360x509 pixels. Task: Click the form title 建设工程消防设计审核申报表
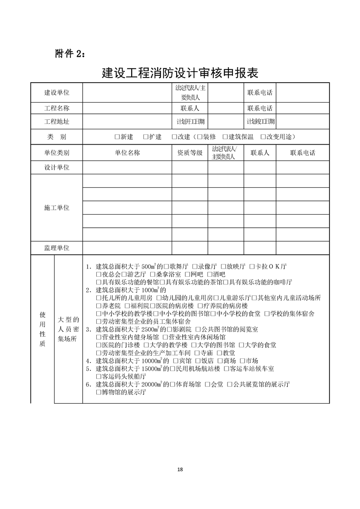(x=180, y=73)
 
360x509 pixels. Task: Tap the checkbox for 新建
(x=117, y=137)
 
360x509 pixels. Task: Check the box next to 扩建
(x=145, y=137)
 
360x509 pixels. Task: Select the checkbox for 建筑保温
(x=225, y=137)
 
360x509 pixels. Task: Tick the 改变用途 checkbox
(x=263, y=137)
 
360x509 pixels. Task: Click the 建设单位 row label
(x=57, y=93)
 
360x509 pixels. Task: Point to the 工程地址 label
(x=57, y=122)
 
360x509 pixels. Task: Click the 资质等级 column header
(x=190, y=153)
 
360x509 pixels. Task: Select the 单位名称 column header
(x=127, y=153)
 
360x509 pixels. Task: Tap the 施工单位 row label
(x=57, y=208)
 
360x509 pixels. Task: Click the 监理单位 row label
(x=57, y=248)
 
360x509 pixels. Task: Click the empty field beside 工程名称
(x=127, y=108)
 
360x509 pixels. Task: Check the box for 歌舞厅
(x=167, y=266)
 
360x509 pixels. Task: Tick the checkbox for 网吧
(x=188, y=274)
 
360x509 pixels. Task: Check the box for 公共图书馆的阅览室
(x=199, y=329)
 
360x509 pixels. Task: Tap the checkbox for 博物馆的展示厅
(x=99, y=392)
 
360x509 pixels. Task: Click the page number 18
(x=180, y=469)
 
